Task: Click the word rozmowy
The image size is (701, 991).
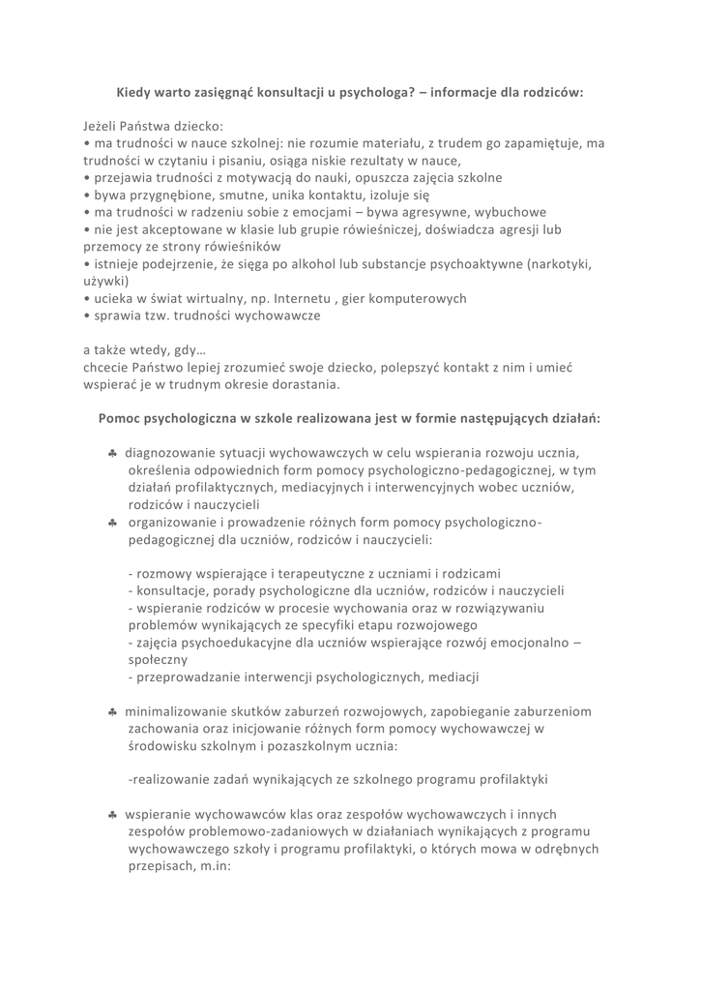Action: tap(168, 573)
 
